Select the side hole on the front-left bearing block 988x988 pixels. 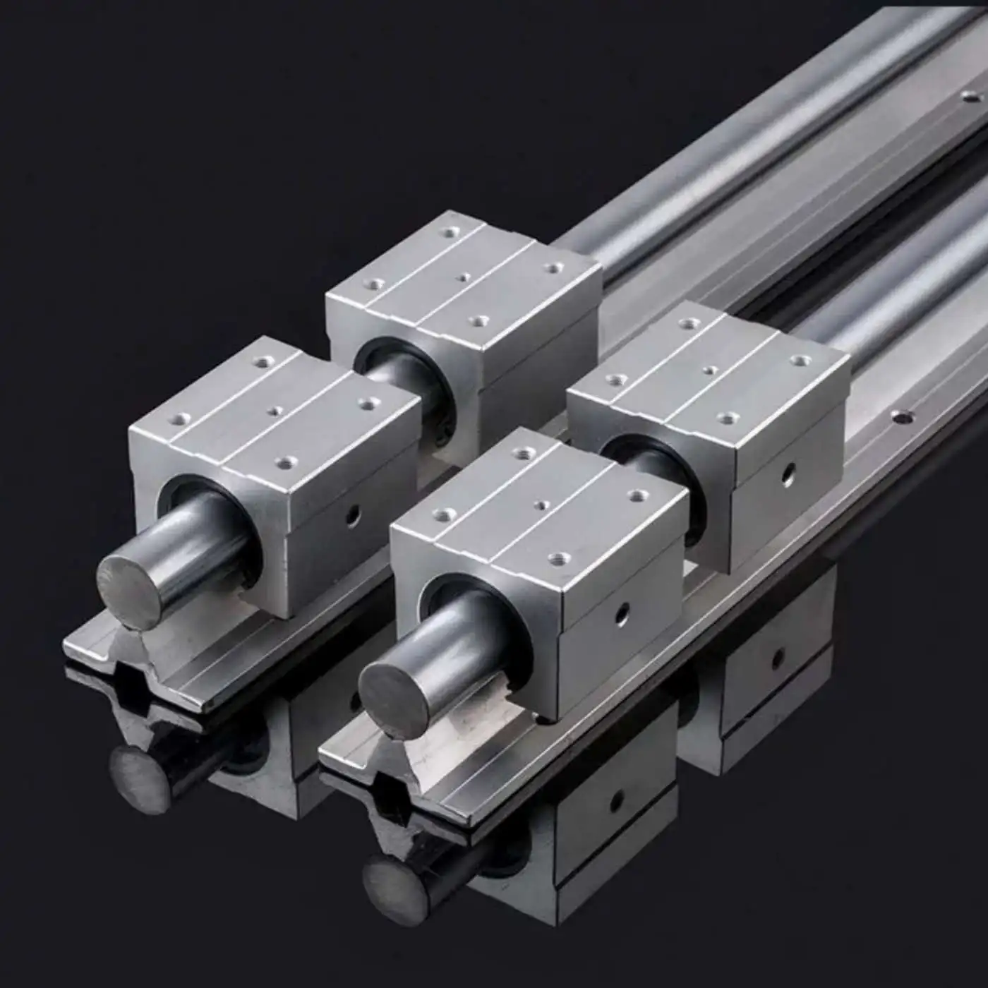pyautogui.click(x=351, y=517)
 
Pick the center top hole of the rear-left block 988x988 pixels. pyautogui.click(x=463, y=277)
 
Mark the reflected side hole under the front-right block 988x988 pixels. pyautogui.click(x=617, y=800)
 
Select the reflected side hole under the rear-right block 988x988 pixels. pyautogui.click(x=778, y=660)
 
